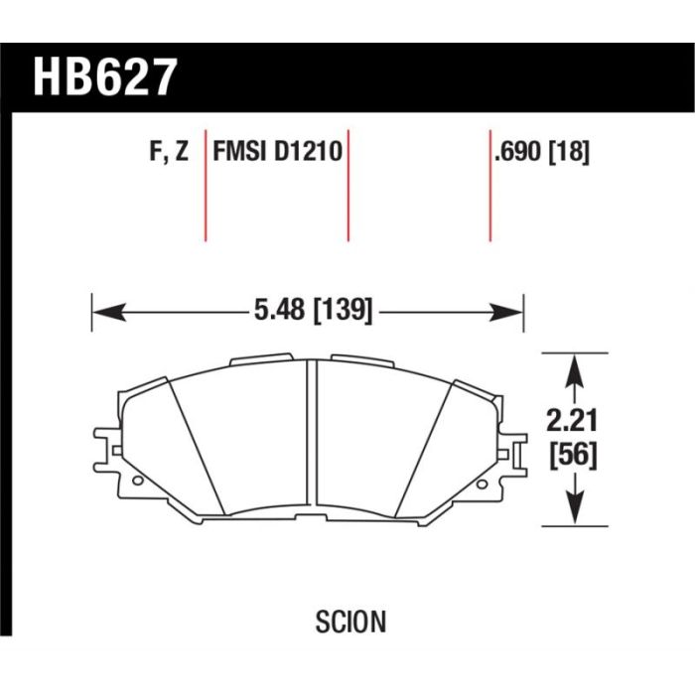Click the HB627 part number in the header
[105, 77]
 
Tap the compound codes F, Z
[170, 152]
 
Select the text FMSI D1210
[277, 151]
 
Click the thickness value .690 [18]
[542, 152]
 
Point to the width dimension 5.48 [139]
[314, 310]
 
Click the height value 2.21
[572, 420]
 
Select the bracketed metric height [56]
[574, 455]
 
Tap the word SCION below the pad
[350, 622]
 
